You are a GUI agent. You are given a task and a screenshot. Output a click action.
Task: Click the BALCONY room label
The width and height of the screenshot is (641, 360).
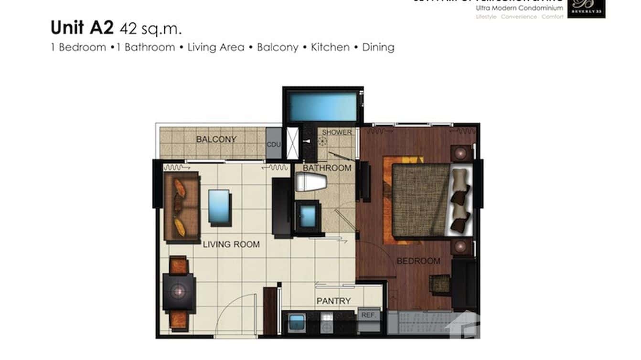(216, 139)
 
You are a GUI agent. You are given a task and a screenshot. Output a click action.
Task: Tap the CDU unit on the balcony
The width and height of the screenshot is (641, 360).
(274, 144)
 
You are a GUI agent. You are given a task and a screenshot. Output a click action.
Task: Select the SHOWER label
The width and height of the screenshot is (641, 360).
(336, 132)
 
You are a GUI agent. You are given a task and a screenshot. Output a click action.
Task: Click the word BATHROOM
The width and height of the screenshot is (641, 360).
(327, 168)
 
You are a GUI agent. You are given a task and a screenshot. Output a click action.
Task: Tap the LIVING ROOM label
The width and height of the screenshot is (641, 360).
(231, 244)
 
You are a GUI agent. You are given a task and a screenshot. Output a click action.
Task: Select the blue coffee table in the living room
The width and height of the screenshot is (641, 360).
(219, 208)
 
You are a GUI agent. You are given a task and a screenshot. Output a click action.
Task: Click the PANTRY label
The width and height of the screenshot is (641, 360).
(333, 301)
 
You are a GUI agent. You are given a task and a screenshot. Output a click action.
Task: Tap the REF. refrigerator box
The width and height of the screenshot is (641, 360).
(369, 316)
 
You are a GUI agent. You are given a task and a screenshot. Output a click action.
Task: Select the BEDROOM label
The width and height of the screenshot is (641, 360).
(418, 261)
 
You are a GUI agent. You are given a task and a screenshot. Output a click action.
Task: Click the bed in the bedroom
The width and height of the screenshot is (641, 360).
(427, 200)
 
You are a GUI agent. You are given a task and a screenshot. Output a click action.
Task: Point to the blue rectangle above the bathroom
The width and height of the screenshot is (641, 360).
(323, 107)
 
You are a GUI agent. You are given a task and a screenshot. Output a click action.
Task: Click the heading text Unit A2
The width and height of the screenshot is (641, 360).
(82, 28)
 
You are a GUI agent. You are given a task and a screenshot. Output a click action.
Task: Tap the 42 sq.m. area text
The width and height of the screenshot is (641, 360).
(151, 29)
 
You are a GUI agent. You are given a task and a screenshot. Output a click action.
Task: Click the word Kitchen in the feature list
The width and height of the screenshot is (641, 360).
(330, 47)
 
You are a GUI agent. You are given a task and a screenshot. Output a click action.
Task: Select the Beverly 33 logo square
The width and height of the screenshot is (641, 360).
(586, 8)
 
